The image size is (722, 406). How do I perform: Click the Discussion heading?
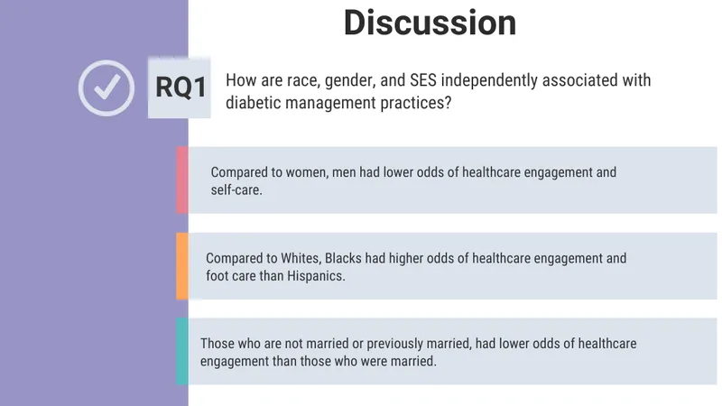(430, 23)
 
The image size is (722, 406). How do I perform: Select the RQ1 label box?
(179, 88)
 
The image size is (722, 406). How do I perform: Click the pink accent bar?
(182, 180)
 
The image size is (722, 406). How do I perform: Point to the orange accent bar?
(182, 266)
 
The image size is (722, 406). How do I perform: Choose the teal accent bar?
(182, 351)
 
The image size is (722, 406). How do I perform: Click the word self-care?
(236, 189)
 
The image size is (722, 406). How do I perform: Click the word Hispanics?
(316, 276)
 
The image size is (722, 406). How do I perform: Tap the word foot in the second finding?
(215, 276)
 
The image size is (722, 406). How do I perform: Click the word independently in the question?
(489, 80)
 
